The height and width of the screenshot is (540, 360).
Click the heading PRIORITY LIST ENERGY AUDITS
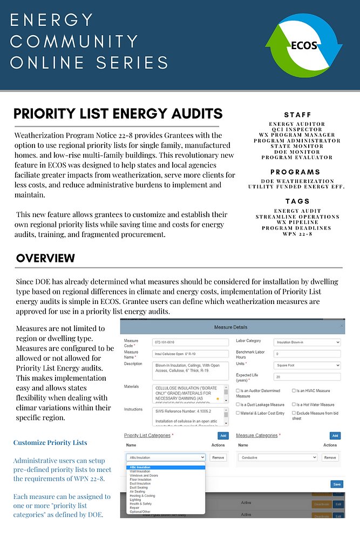(118, 113)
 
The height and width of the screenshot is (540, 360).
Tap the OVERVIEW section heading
(45, 258)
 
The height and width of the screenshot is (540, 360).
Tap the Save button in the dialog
(337, 484)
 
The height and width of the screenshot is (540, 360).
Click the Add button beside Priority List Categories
(222, 436)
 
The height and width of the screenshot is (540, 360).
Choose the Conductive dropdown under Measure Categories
(277, 457)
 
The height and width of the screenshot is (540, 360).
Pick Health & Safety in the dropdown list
(141, 503)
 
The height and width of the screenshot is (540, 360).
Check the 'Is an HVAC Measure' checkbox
(294, 390)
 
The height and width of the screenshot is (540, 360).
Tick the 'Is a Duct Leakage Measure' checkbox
(238, 404)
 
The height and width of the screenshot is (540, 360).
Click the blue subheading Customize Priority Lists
(50, 443)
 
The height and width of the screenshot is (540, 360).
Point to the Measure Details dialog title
(230, 327)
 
